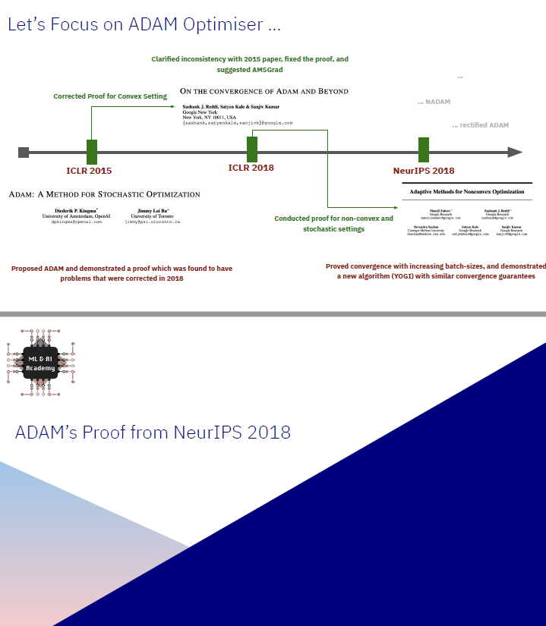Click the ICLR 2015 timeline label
point(90,171)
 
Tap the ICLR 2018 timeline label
point(251,168)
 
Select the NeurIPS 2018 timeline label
point(424,171)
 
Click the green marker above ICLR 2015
point(92,152)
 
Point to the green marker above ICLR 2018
point(252,149)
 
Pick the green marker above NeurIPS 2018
point(424,149)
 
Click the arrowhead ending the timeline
point(516,152)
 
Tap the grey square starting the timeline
point(24,152)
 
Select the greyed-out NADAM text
point(434,102)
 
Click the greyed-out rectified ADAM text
point(480,125)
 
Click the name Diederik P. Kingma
point(75,209)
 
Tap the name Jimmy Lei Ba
point(153,209)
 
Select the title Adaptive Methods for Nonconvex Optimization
point(467,192)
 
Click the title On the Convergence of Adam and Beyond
point(264,91)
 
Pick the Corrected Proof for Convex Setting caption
point(110,96)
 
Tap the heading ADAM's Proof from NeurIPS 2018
point(153,433)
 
